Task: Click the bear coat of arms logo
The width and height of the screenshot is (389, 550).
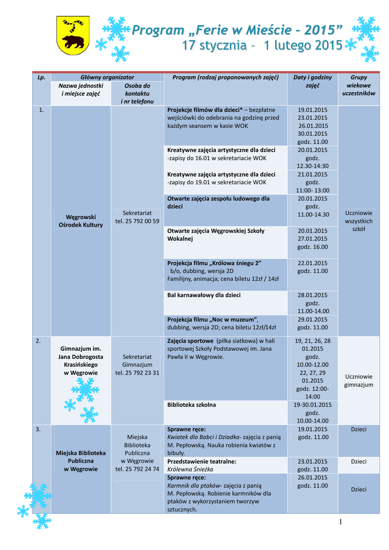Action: point(73,35)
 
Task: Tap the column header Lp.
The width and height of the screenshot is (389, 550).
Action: point(41,77)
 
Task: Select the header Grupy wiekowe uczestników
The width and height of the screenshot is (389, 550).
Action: point(358,85)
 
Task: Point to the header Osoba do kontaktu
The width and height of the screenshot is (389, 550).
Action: point(137,93)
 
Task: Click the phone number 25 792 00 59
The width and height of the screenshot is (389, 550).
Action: point(137,221)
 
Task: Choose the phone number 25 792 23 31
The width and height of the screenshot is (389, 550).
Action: point(137,373)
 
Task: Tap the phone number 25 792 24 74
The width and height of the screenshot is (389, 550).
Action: point(137,469)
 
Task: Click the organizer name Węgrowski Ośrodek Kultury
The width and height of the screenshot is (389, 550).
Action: point(81,221)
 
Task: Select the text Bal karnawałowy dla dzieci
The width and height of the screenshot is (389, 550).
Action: point(204,295)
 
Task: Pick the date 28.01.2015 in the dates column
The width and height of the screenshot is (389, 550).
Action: point(312,295)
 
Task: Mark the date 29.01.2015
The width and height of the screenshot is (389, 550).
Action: point(312,319)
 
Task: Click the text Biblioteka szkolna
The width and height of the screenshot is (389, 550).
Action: point(192,404)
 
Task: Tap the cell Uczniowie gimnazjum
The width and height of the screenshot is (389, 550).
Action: point(358,381)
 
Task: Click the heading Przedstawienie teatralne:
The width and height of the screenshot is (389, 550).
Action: point(201,461)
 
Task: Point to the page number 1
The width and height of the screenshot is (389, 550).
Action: point(340,522)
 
